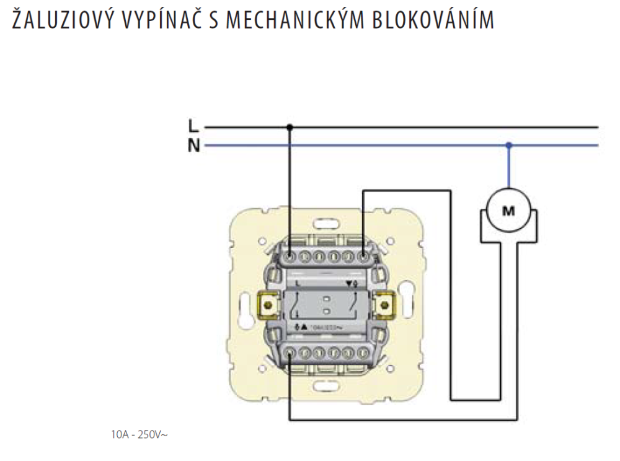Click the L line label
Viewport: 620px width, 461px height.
pos(193,127)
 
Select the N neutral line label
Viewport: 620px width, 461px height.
pos(193,147)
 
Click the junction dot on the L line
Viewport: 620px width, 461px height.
pos(290,128)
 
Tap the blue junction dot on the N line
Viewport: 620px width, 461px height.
pos(508,146)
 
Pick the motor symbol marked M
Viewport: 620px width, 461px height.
pos(508,211)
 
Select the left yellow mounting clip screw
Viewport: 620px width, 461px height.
pos(268,304)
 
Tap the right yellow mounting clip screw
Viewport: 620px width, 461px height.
pos(385,304)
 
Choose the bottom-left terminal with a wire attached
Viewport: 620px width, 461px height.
pos(290,354)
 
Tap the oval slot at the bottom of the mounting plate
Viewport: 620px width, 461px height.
pos(326,386)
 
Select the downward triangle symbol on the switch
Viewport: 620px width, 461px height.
pos(349,284)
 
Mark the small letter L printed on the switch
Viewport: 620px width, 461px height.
pos(298,283)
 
